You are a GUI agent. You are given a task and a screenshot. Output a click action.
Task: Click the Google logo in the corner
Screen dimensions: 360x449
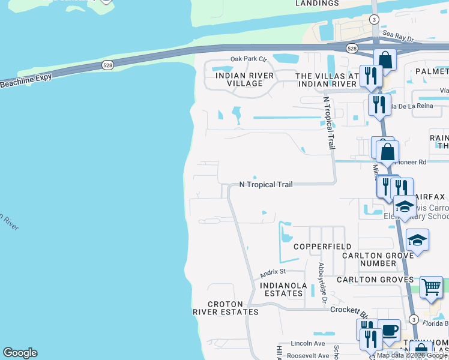coord(20,353)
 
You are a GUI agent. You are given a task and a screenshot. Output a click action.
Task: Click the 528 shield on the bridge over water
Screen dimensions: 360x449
coord(107,65)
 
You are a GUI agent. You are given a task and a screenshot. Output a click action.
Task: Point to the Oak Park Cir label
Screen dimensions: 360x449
coord(247,59)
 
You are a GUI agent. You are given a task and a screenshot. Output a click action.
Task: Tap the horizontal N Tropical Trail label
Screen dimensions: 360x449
coord(266,185)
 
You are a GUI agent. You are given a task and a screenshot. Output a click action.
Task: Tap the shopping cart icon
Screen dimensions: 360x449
coord(431,287)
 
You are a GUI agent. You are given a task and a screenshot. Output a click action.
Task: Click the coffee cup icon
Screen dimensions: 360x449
coord(389,329)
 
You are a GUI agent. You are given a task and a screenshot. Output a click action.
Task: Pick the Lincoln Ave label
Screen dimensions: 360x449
coord(307,344)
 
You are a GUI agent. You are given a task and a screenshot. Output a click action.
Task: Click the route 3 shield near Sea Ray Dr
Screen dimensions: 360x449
coord(375,20)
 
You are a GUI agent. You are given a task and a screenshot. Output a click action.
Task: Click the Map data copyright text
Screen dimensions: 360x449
coord(412,355)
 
